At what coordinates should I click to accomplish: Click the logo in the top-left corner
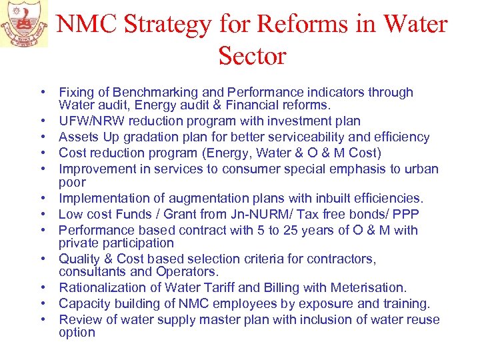tap(24, 23)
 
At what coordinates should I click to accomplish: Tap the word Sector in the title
tap(252, 56)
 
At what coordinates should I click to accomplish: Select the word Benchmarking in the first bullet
tap(153, 93)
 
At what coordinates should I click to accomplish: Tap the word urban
tap(420, 169)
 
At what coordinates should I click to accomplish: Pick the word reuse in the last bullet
tap(421, 319)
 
